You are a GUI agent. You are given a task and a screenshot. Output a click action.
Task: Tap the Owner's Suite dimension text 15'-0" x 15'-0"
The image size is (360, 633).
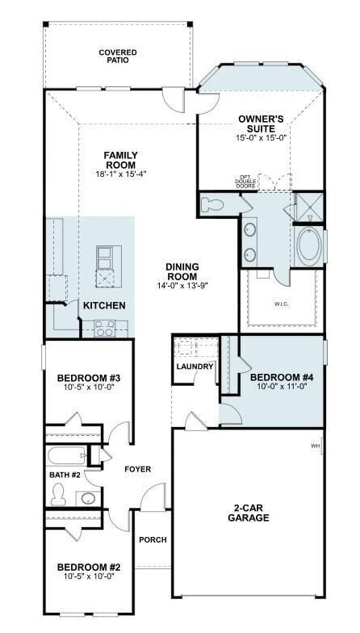pos(262,137)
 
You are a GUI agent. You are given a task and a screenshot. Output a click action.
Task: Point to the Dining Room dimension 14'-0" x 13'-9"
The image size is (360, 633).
pos(182,286)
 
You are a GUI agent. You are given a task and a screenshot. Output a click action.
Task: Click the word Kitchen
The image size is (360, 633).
pos(104,305)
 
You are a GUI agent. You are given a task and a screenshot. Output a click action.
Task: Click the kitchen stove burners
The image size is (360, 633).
pos(104,329)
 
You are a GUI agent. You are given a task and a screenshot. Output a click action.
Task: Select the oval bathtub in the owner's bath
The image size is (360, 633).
pos(309,245)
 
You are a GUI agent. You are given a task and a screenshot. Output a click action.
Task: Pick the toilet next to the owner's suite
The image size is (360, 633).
pos(211,203)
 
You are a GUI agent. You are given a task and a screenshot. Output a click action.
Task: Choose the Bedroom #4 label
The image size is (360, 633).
pos(283,378)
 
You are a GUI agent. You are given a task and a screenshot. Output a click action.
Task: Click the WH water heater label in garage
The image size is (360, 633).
pos(315,446)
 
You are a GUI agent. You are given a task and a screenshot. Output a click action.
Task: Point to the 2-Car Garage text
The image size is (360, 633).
pos(249,513)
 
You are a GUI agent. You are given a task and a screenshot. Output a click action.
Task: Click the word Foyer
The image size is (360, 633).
pos(137,469)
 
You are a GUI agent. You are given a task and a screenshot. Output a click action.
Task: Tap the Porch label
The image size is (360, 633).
pos(153,539)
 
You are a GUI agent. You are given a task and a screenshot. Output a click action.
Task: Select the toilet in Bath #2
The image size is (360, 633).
pos(59,494)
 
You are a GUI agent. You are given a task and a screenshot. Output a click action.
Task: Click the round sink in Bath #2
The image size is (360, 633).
pos(88,499)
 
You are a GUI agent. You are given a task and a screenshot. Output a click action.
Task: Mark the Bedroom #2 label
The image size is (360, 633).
pos(89,567)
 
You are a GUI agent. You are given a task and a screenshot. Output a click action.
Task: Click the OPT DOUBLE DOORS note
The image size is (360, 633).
pos(245,182)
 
